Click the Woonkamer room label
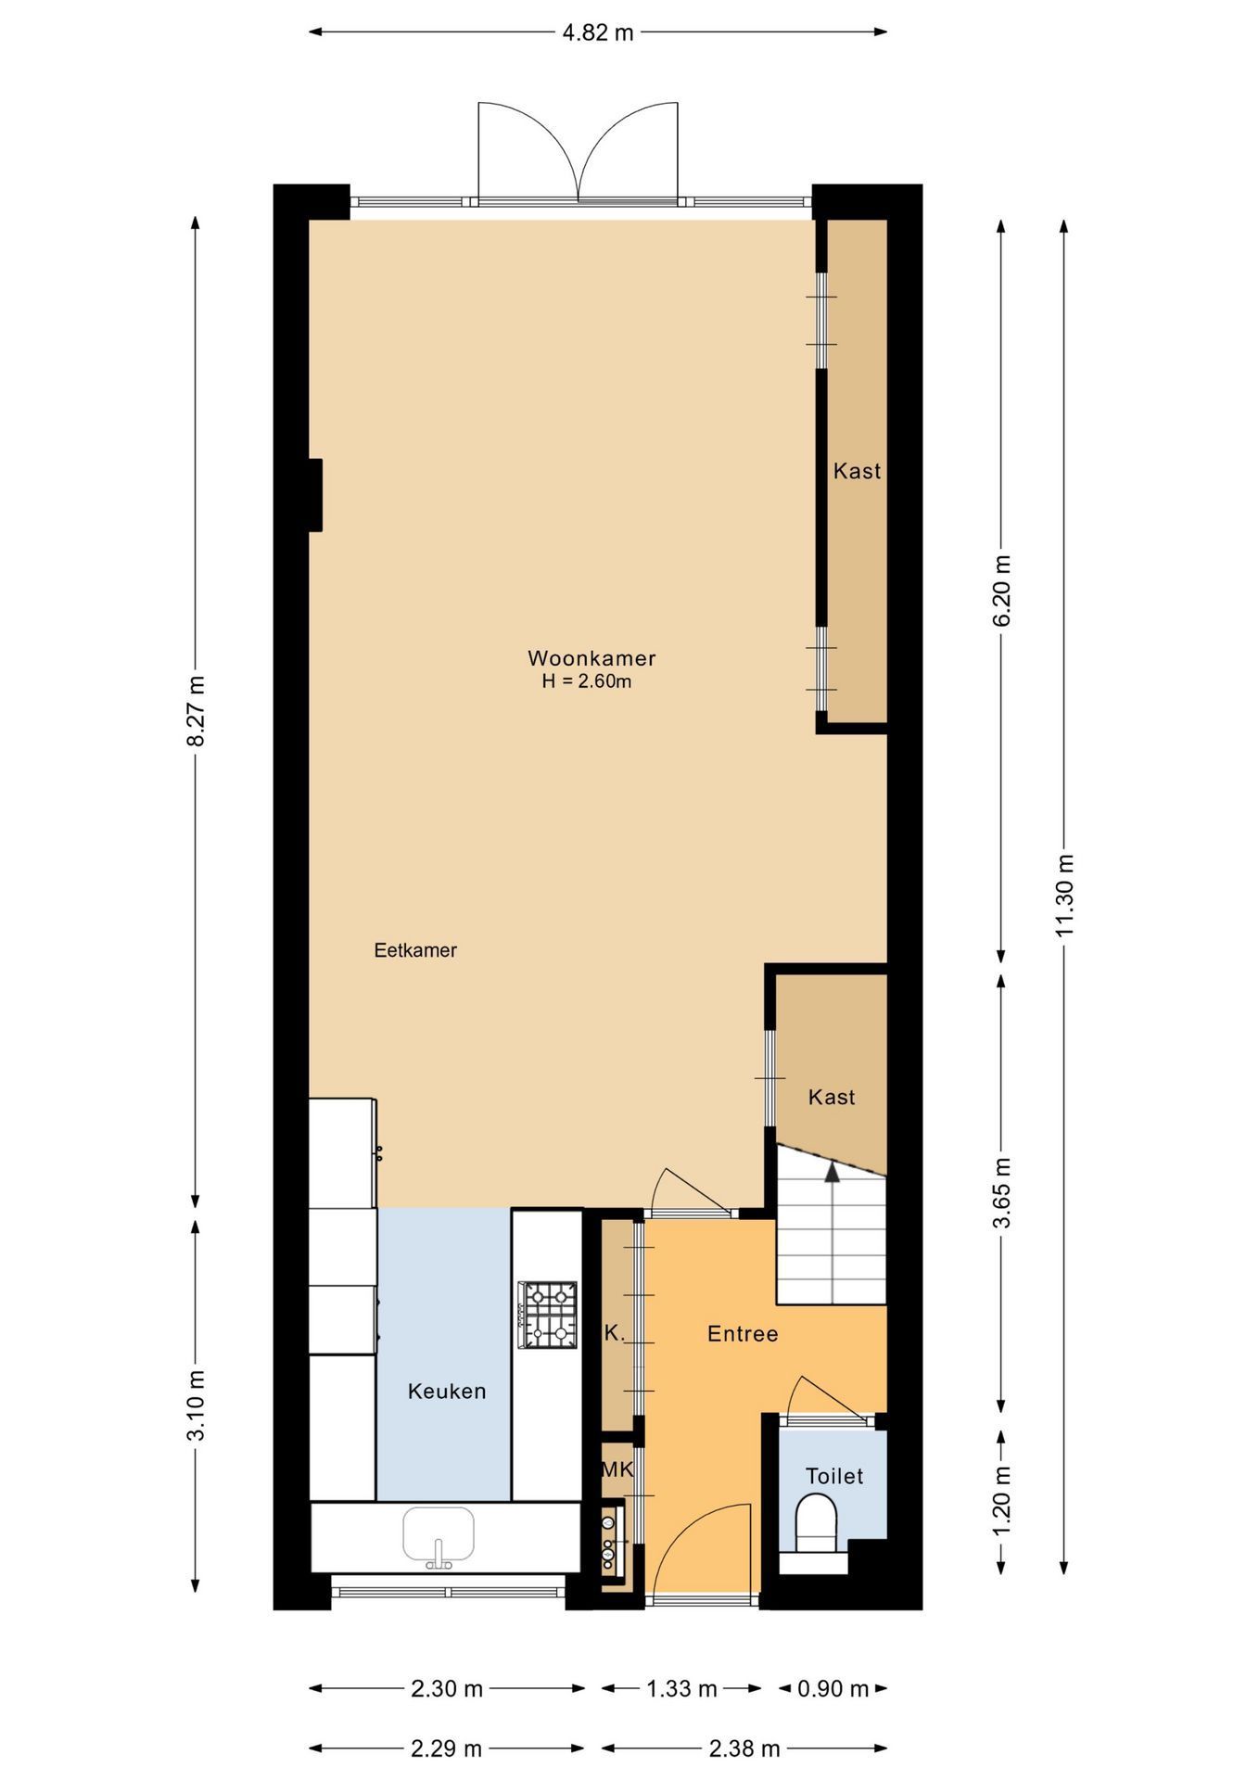(591, 658)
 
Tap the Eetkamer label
(415, 950)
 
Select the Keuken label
(447, 1391)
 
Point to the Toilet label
(834, 1475)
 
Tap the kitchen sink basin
(439, 1534)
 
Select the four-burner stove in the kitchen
(547, 1315)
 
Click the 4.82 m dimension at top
(598, 32)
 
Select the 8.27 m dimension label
(196, 711)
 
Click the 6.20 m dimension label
(1001, 591)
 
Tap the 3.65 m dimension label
(1001, 1192)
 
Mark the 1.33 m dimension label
(681, 1688)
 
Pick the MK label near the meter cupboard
(617, 1469)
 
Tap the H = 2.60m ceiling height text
(587, 681)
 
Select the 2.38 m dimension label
(744, 1748)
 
